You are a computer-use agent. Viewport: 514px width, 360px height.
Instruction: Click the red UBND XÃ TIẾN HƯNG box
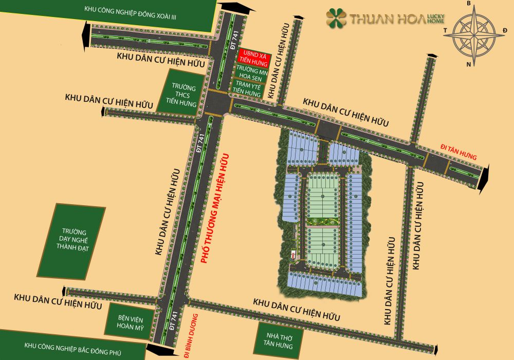[252, 58]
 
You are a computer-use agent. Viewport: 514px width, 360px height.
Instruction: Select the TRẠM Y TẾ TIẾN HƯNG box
[248, 87]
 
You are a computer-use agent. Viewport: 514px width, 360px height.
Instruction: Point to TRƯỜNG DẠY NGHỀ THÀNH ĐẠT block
[72, 240]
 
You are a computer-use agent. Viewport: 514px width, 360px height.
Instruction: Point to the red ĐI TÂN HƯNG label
[459, 152]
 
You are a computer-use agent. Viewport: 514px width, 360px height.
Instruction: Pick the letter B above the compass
[468, 4]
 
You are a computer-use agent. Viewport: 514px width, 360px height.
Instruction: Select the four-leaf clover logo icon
[336, 18]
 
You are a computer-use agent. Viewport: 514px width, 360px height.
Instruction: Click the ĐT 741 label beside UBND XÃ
[233, 49]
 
